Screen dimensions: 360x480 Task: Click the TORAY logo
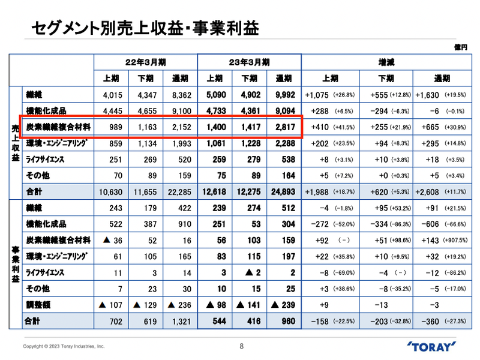point(436,347)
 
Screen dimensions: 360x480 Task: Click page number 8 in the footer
point(241,346)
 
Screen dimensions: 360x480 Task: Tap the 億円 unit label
point(461,46)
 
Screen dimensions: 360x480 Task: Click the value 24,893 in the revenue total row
point(283,192)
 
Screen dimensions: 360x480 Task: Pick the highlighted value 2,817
point(283,127)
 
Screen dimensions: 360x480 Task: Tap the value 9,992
point(283,95)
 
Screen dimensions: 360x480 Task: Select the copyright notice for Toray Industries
point(64,347)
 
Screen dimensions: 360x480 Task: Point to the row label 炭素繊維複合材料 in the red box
point(58,127)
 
